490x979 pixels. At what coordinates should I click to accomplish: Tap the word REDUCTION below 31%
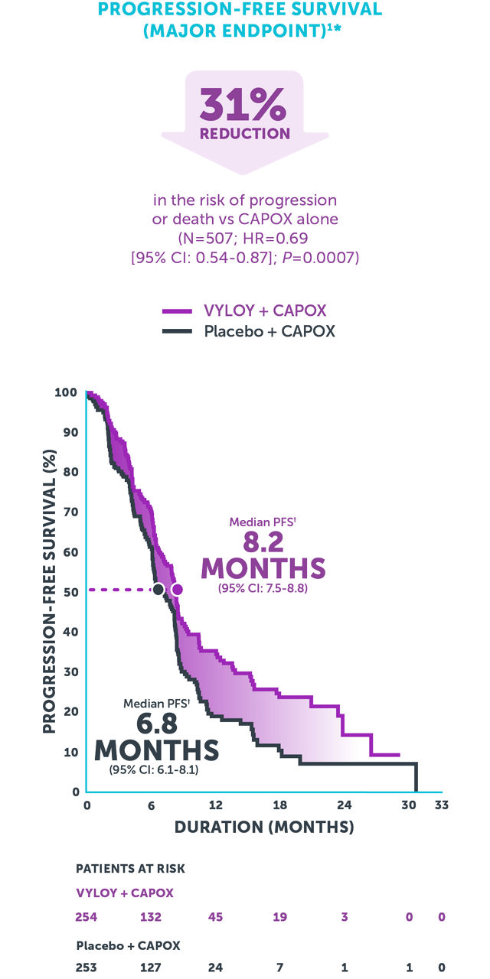click(245, 134)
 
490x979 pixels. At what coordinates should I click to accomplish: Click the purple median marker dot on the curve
click(178, 589)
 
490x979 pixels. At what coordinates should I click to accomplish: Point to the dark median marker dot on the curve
click(158, 589)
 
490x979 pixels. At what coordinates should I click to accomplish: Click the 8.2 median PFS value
click(263, 542)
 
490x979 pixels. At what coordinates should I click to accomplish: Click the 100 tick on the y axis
click(65, 392)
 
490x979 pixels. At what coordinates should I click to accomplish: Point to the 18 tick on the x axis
click(280, 805)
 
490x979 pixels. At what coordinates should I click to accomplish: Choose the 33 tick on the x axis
click(441, 805)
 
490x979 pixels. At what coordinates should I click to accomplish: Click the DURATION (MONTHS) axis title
click(264, 827)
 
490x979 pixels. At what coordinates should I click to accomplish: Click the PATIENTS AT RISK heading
click(130, 869)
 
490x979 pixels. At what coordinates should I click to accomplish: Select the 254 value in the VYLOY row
click(87, 916)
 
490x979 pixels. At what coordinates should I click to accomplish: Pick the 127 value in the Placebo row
click(152, 967)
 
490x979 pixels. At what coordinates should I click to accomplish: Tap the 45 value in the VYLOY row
click(216, 916)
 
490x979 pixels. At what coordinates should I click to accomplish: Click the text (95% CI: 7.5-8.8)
click(263, 589)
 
